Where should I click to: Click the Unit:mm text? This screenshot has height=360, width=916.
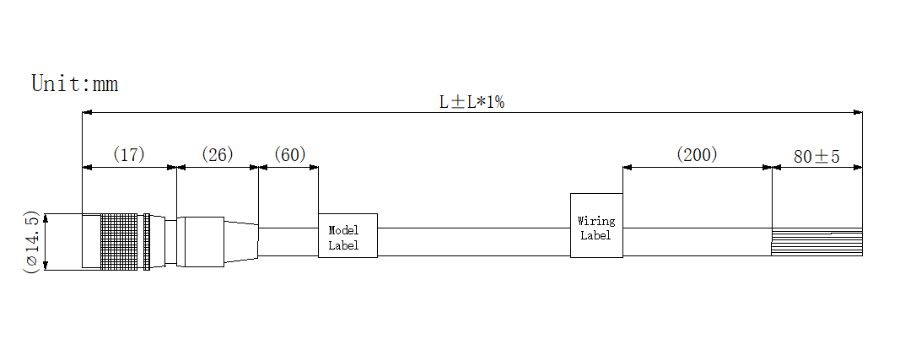coord(74,83)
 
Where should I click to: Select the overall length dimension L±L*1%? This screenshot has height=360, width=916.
coord(471,102)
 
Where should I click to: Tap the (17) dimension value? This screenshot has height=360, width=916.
coord(129,154)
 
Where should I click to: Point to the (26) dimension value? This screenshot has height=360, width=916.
coord(217,154)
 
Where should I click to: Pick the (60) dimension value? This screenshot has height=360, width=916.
coord(289,154)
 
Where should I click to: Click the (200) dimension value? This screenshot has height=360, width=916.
coord(697,154)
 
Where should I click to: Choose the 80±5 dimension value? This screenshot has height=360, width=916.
coord(816,156)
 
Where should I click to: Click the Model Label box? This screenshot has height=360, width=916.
coord(348,236)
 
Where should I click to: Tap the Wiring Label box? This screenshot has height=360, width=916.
coord(596,226)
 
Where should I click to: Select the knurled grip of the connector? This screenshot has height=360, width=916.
coord(119,242)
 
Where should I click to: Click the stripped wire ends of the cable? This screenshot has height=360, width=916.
coord(816,243)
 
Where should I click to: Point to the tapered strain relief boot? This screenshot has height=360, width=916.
coord(241,242)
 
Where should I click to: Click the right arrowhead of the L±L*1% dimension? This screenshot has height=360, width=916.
coord(858,112)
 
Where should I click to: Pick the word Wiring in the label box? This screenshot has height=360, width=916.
coord(596,221)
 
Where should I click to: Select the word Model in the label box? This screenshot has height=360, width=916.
coord(343,230)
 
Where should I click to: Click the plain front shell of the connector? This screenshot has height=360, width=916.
coord(91,242)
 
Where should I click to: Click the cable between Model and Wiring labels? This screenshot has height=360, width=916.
coord(472,242)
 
